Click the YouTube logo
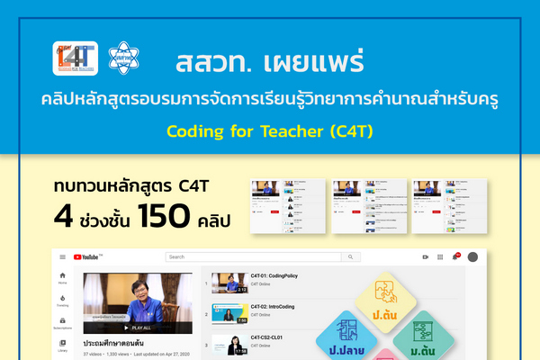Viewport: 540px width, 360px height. [x=86, y=256]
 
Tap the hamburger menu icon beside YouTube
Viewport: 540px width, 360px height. [x=62, y=256]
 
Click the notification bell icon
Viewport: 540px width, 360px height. [x=455, y=256]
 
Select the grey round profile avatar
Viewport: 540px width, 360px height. [x=473, y=256]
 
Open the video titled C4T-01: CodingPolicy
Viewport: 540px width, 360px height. [x=270, y=275]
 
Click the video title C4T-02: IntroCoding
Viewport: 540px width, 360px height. [x=269, y=307]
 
